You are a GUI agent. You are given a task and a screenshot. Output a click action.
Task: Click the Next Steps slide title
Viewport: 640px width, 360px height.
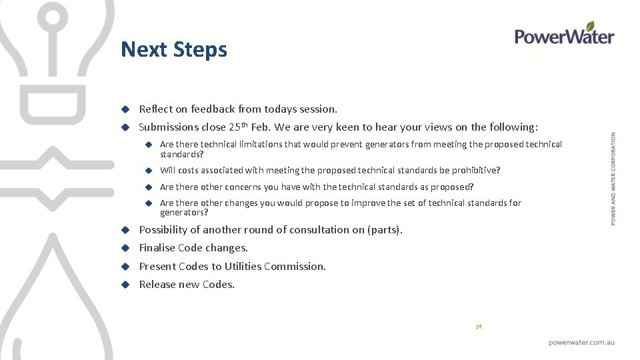click(174, 49)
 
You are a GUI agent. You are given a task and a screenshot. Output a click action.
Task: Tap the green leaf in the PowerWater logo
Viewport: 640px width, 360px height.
click(590, 26)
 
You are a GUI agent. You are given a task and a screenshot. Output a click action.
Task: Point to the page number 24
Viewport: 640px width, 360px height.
click(479, 327)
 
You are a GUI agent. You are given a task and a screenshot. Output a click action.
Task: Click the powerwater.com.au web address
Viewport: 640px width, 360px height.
click(581, 342)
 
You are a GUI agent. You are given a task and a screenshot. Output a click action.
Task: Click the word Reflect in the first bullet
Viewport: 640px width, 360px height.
click(155, 109)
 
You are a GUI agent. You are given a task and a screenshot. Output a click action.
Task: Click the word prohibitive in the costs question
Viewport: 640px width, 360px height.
click(474, 170)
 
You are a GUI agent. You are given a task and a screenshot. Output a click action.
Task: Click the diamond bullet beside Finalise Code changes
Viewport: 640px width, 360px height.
click(124, 248)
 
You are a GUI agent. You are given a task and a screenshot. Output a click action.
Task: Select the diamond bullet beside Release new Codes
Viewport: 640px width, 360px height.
click(124, 285)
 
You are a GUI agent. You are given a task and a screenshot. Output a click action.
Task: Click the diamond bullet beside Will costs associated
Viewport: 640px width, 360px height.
click(151, 171)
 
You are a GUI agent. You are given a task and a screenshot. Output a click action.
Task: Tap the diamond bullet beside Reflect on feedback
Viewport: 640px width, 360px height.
click(124, 109)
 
